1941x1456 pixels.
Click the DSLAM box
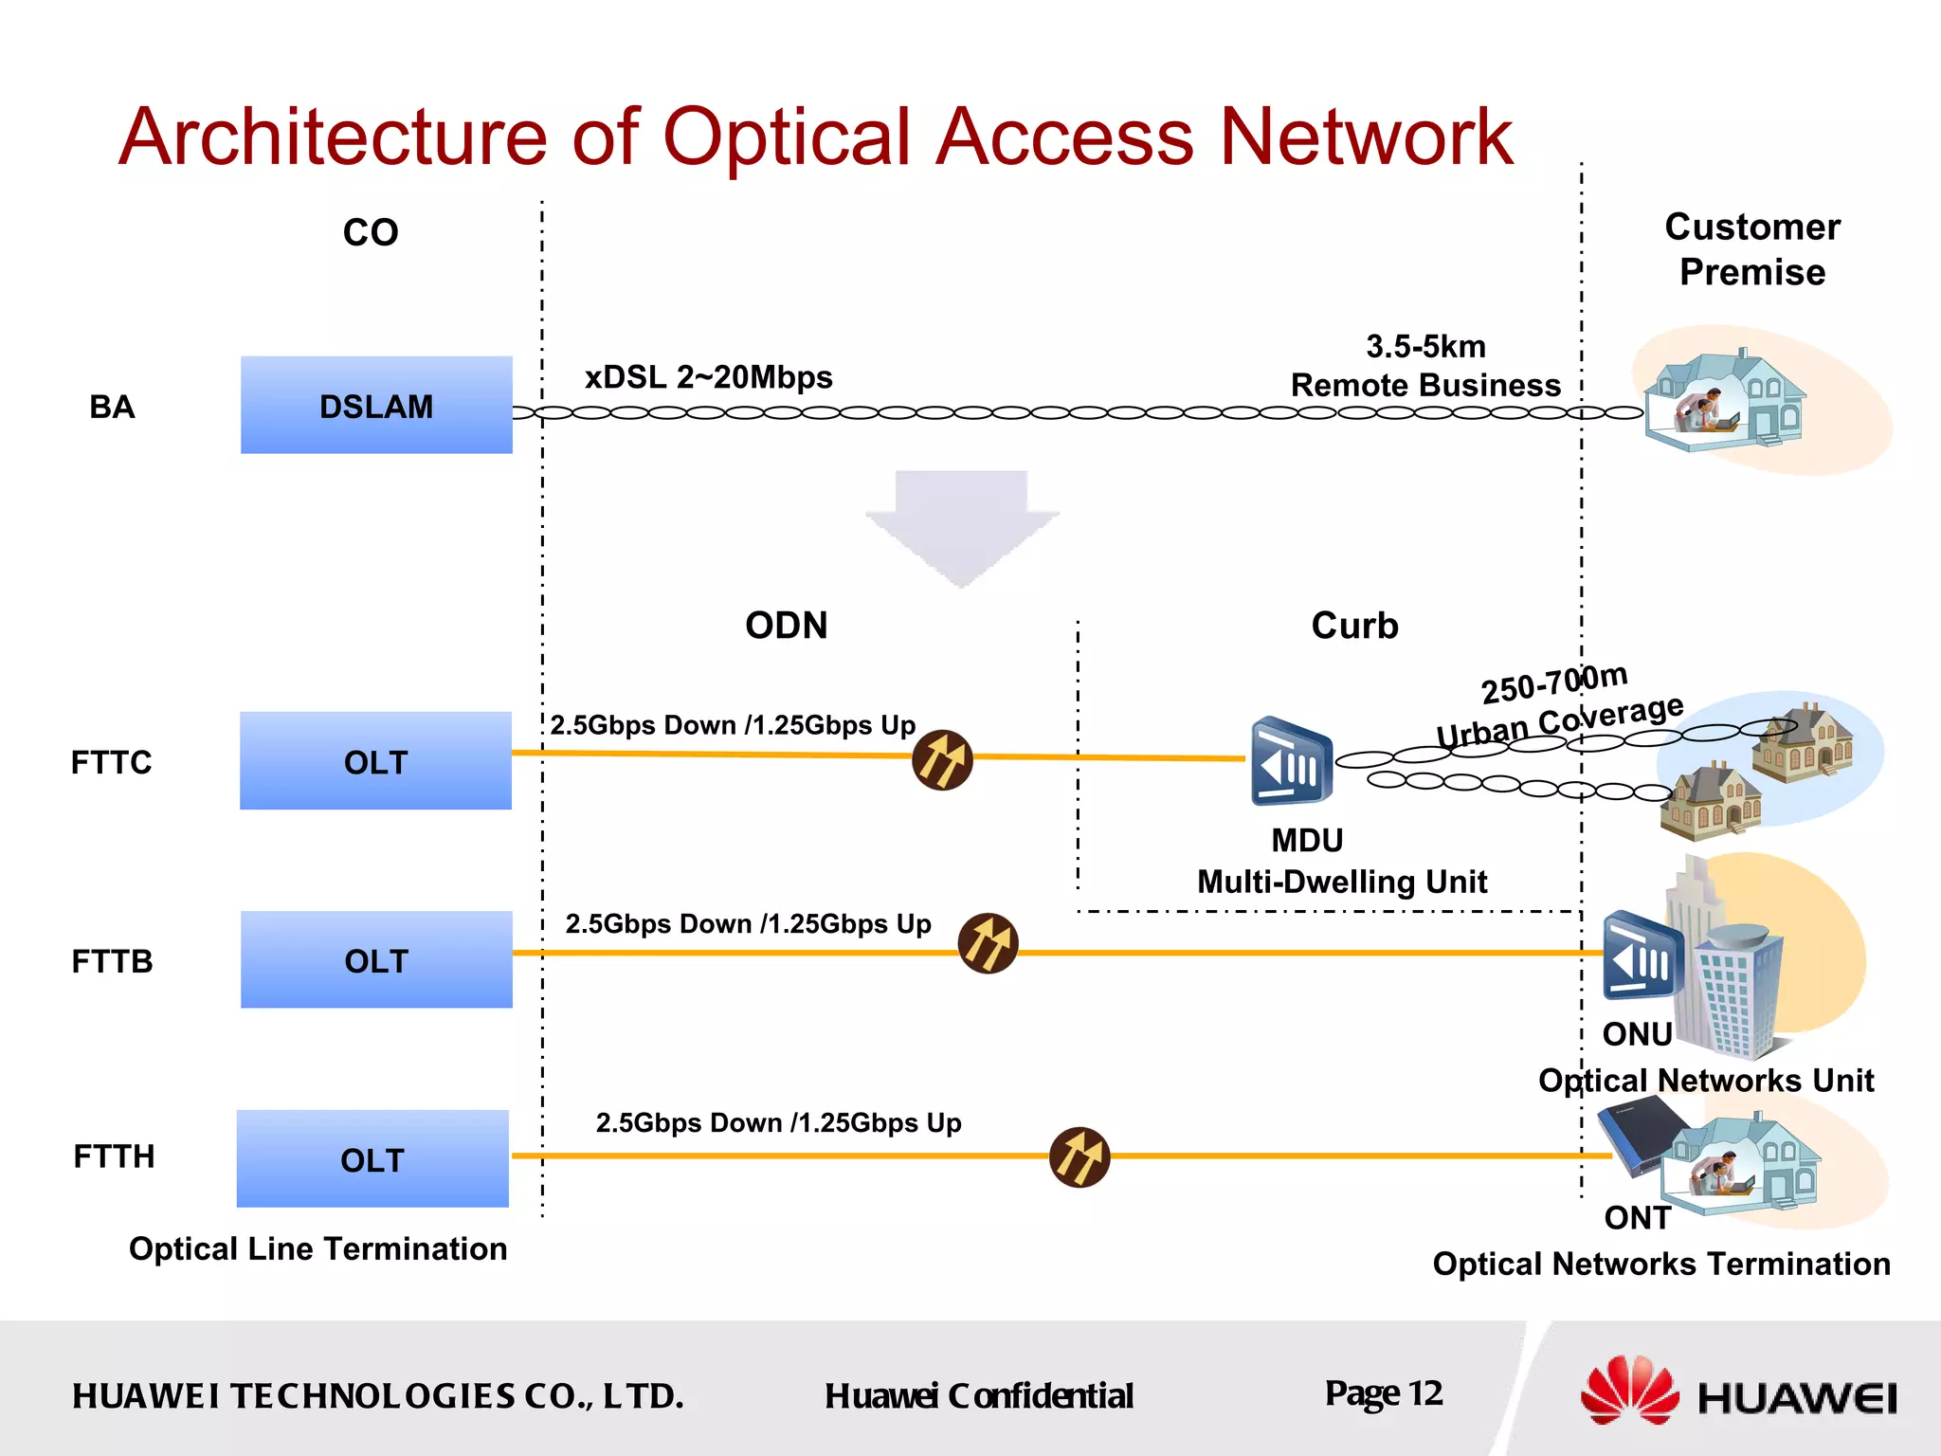376,406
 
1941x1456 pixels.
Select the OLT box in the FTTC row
375,761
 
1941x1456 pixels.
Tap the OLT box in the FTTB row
376,960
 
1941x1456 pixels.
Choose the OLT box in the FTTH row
372,1159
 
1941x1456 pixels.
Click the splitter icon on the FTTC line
942,760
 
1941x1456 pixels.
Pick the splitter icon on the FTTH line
1079,1157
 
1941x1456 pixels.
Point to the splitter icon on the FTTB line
988,944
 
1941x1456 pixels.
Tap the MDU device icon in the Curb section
1291,762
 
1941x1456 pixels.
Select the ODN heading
786,626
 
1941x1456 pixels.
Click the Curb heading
1354,626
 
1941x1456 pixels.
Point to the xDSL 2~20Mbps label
708,377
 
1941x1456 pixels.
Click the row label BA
112,407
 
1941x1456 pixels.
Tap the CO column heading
371,232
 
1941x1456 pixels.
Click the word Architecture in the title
333,137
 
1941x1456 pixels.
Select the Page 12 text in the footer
1383,1393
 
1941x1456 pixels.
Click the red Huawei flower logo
1628,1391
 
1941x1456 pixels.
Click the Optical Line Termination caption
317,1249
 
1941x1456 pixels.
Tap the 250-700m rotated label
1554,682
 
